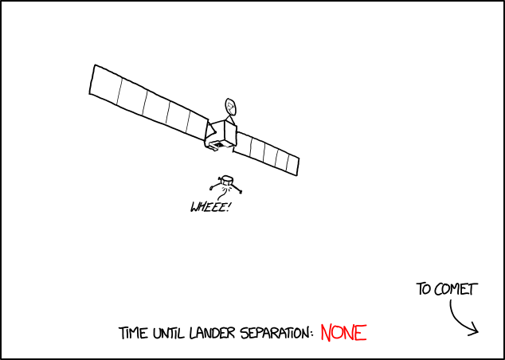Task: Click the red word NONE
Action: tap(343, 333)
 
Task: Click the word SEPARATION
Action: tap(274, 333)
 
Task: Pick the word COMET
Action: tap(455, 289)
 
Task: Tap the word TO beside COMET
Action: tap(423, 289)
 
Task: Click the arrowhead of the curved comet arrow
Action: tap(475, 331)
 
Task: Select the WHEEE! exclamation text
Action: tap(209, 207)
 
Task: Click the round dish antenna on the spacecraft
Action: tap(230, 107)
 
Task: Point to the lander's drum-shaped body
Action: tap(227, 180)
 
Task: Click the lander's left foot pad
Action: tap(212, 188)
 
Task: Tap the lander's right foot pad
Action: tap(241, 192)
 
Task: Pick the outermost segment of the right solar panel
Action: tap(292, 165)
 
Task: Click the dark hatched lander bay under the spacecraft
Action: tap(218, 145)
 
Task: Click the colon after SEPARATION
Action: tap(312, 335)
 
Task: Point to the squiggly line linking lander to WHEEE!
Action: tap(222, 194)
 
